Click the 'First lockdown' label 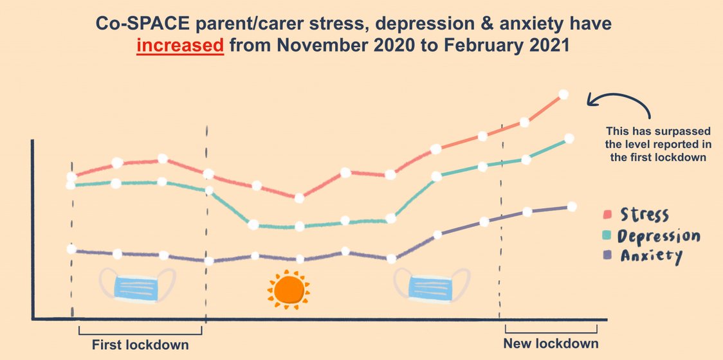tap(140, 344)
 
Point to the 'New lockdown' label tap(550, 343)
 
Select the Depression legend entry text tap(658, 236)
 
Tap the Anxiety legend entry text tap(650, 256)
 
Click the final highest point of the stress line tap(564, 94)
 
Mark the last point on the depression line tap(569, 138)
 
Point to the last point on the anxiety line tap(572, 206)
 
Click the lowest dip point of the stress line tap(298, 197)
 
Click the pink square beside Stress tap(607, 214)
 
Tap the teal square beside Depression tap(607, 235)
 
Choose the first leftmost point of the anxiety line tap(71, 249)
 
